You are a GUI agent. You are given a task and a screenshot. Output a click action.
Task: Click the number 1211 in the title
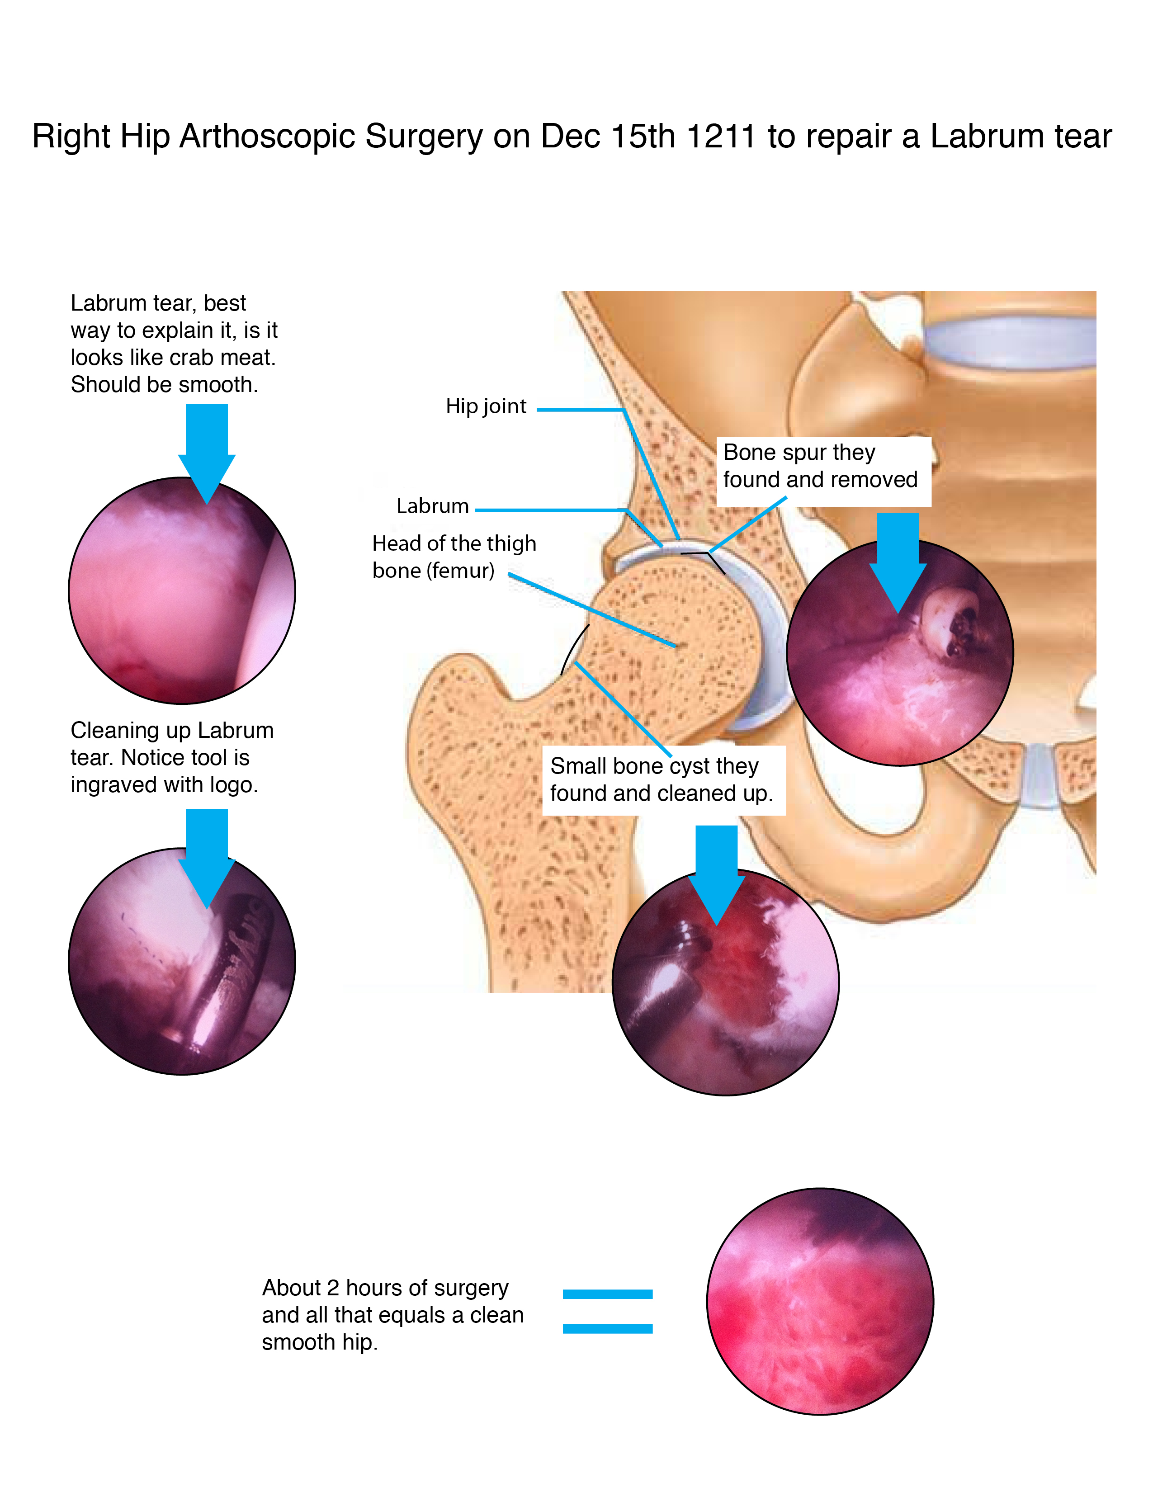(x=721, y=136)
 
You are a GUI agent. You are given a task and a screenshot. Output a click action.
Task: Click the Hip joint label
(x=486, y=406)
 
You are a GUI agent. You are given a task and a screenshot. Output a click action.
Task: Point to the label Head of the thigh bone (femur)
(x=454, y=556)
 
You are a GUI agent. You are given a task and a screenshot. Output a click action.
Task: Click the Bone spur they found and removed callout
(x=820, y=466)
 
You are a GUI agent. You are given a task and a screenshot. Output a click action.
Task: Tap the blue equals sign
(x=607, y=1311)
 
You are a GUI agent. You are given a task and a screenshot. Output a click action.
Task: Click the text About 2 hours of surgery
(x=385, y=1288)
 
